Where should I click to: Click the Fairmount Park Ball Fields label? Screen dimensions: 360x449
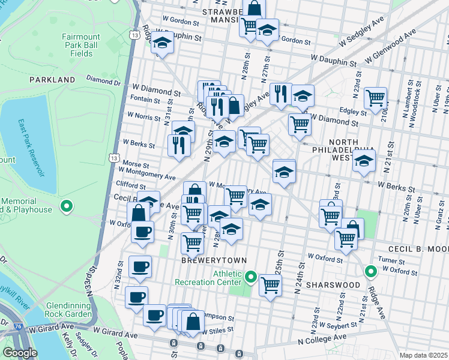[x=77, y=45]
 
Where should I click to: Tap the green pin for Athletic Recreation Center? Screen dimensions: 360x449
[x=251, y=278]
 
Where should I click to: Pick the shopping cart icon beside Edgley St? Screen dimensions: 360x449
[x=375, y=97]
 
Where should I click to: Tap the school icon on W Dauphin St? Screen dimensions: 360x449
[x=161, y=43]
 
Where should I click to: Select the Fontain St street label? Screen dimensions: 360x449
[x=145, y=99]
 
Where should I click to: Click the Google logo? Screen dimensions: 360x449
[x=20, y=353]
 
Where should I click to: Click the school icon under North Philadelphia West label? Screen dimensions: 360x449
[x=364, y=161]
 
